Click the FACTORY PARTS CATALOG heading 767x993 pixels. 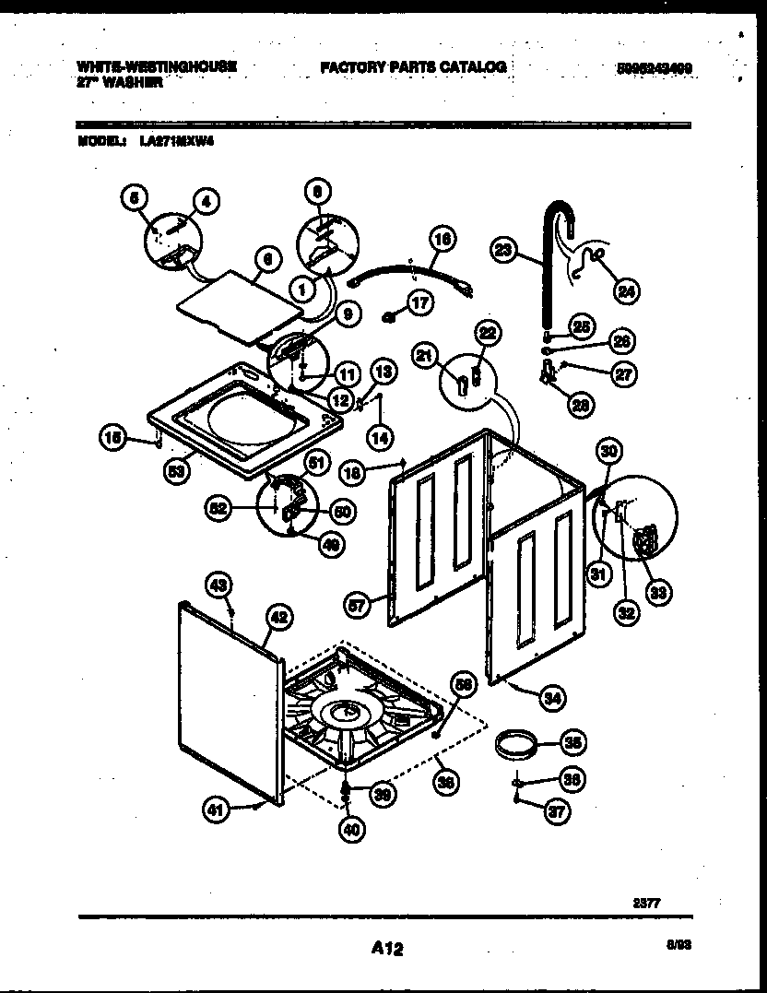(413, 67)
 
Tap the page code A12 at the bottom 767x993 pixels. (387, 947)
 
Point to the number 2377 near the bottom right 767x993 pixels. (647, 904)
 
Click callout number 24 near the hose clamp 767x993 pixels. (625, 291)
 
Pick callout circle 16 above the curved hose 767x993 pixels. (442, 239)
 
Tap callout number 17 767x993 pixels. (419, 303)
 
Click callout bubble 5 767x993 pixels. (134, 196)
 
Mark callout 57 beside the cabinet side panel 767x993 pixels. (359, 606)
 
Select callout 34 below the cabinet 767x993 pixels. (551, 698)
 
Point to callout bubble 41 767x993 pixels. (215, 810)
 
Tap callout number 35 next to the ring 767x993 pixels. (572, 742)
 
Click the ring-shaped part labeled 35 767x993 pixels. (513, 744)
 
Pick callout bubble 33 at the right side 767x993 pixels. (658, 592)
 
